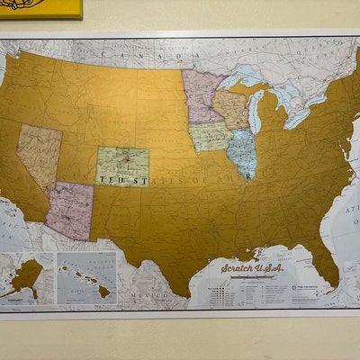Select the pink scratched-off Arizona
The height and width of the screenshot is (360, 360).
pos(70,210)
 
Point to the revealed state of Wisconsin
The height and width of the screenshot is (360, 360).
pos(230,107)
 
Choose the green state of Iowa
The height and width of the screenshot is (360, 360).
pos(210,136)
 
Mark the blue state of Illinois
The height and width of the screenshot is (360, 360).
pos(240,152)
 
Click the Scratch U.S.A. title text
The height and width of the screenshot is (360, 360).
pos(254,267)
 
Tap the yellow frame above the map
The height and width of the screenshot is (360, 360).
pos(40,8)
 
